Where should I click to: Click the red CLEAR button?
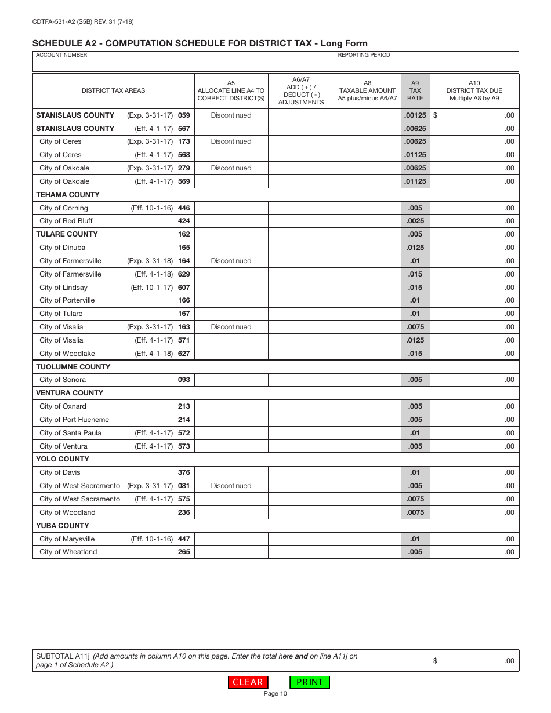coord(248,682)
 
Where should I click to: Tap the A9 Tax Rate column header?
coord(415,90)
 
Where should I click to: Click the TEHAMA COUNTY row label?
coord(68,195)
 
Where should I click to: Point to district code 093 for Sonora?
coord(184,380)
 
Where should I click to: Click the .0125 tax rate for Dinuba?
coord(415,248)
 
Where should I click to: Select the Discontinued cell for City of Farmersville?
coord(231,261)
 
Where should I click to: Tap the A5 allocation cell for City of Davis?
coord(231,472)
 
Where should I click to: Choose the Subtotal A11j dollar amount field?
coord(474,661)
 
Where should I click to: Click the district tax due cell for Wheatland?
coord(474,552)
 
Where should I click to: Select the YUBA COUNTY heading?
coord(63,526)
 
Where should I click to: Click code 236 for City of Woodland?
coord(184,512)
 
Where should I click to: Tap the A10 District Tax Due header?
coord(474,90)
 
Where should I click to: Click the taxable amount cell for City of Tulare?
coord(368,314)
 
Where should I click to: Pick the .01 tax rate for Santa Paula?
coord(415,433)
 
